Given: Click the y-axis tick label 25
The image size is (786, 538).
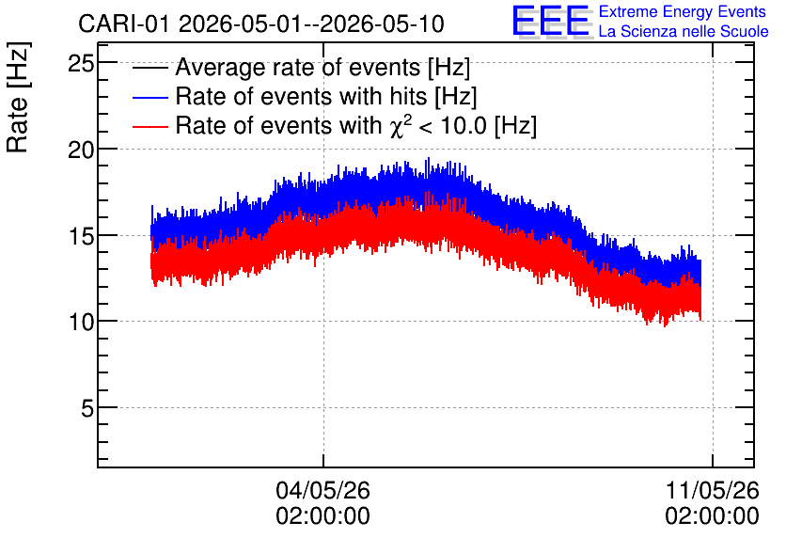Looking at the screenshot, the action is pos(81,64).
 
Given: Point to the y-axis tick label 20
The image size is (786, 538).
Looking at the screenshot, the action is pos(81,150).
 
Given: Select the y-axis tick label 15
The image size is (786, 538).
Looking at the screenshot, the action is pos(81,236).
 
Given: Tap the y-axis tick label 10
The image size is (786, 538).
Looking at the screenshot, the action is pos(81,322).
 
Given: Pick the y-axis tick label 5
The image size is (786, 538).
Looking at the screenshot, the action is pos(87,408).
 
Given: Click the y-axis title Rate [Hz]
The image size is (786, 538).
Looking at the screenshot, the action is pos(18,97).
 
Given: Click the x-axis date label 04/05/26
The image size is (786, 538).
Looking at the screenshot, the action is pos(322,490).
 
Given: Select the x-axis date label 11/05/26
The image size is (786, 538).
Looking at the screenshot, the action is pos(713,490).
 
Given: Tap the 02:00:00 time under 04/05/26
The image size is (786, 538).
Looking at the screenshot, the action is pos(322,516).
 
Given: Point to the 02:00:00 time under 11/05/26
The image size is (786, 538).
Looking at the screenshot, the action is pos(713,516).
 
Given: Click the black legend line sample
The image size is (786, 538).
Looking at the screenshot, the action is pos(149,68).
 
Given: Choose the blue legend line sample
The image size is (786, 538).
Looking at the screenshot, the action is pos(149,97).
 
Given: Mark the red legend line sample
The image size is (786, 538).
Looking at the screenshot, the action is pos(149,126).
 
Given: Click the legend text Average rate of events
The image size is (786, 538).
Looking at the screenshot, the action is pos(298,68).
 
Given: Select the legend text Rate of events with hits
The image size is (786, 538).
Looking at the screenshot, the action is pos(301,96).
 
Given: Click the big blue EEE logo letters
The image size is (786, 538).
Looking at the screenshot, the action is pos(552,21).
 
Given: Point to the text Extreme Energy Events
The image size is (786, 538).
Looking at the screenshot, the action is pos(683,11).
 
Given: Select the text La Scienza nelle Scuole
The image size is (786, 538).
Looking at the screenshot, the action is pos(684,32).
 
